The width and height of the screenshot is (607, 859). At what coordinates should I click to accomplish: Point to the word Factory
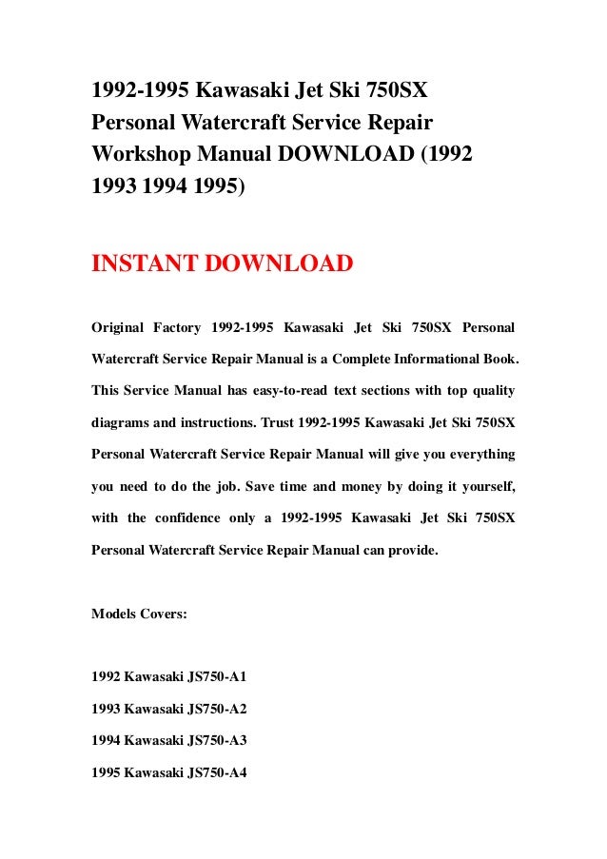coord(176,328)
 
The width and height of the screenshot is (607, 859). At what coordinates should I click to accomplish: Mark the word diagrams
coord(123,421)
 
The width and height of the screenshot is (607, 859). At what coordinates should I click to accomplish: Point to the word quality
coord(491,390)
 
